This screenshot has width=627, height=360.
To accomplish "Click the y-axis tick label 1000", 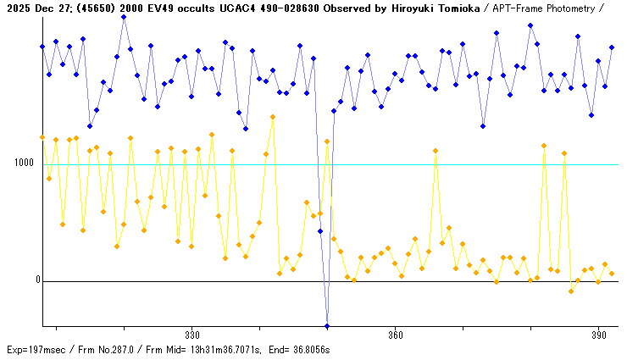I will click(x=23, y=163).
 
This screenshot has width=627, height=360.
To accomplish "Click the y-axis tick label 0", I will click(x=36, y=280).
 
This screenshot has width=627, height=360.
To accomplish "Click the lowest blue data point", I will click(x=327, y=325).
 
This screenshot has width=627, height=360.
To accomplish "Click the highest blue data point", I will click(x=124, y=16).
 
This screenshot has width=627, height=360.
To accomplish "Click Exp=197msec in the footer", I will click(x=36, y=350).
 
